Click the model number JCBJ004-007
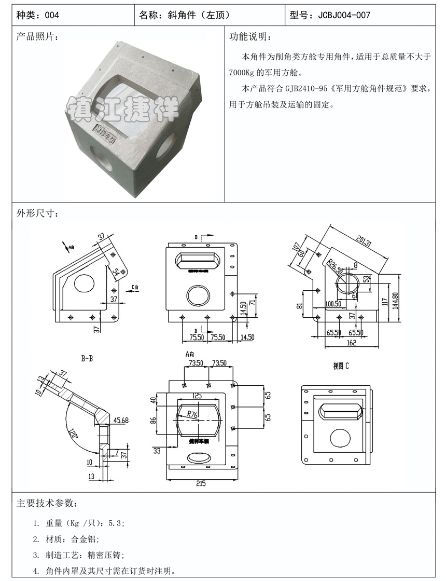[x=344, y=15]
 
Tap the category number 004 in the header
[x=52, y=15]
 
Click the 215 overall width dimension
[x=201, y=483]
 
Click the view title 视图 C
[x=341, y=366]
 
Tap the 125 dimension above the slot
[x=197, y=396]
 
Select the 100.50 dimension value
[x=334, y=303]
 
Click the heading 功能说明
[x=250, y=37]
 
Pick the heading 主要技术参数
[x=48, y=504]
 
